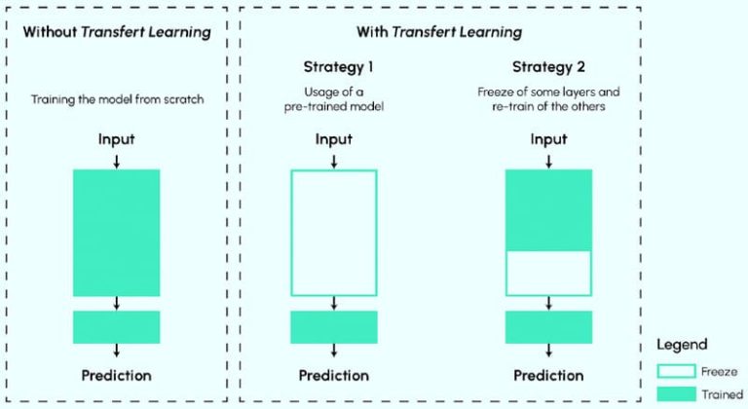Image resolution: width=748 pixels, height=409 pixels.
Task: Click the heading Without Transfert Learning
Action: click(116, 32)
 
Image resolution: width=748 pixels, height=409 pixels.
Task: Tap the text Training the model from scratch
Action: click(116, 98)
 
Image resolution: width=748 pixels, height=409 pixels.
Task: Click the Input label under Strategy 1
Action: click(333, 139)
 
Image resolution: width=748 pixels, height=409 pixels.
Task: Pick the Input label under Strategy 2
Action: click(548, 139)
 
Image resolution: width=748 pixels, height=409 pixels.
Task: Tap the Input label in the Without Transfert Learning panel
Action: click(116, 139)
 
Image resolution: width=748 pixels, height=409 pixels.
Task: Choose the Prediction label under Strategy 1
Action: click(333, 375)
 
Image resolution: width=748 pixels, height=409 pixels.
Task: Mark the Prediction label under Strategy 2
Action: click(549, 375)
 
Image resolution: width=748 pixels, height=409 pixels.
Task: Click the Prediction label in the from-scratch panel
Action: click(116, 375)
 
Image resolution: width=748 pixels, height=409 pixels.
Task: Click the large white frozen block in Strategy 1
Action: click(333, 232)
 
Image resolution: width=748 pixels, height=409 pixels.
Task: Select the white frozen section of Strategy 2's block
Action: click(549, 272)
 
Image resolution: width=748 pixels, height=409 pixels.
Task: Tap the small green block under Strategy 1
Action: click(333, 327)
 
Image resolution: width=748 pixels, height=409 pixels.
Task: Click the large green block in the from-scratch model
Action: click(116, 232)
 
